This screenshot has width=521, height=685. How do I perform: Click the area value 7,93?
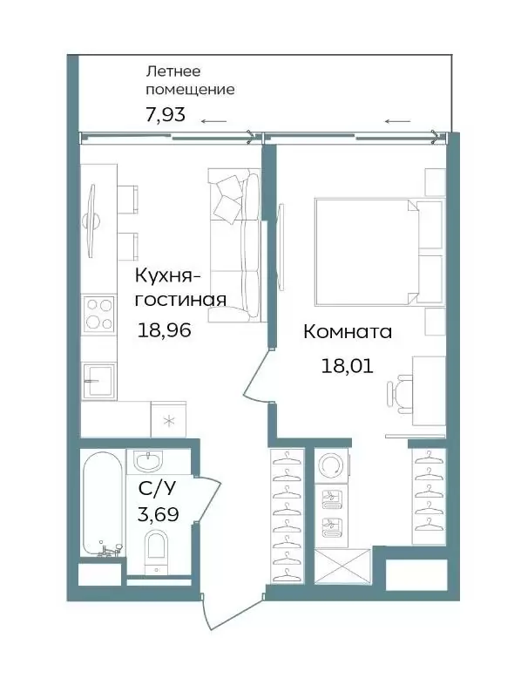pos(166,114)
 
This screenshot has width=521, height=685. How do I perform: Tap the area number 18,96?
pos(165,329)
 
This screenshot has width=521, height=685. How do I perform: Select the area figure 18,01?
pos(348,365)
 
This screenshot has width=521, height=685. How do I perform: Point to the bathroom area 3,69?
pos(158,514)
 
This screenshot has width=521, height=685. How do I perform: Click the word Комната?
pos(348,332)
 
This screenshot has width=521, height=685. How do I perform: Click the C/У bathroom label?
pos(157,489)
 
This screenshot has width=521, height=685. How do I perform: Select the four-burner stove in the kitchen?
pos(99,313)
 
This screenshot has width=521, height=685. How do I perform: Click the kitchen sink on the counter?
pos(99,380)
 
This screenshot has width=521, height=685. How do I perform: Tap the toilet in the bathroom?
pos(156,552)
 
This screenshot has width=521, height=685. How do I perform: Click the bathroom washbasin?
pos(148,461)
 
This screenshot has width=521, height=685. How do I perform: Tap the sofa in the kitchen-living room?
pos(236,246)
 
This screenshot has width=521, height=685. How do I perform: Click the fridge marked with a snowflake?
pos(168,419)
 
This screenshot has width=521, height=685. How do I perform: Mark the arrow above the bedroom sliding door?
pos(398,121)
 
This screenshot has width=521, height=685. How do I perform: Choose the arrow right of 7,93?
pos(214,121)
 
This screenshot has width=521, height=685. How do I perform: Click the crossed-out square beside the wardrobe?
pos(342,566)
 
